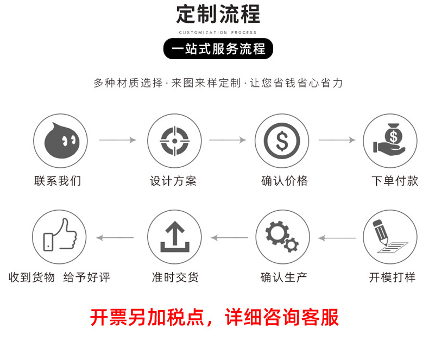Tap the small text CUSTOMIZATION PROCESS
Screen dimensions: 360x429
[x=218, y=33]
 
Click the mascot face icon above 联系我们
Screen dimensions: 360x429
[x=60, y=141]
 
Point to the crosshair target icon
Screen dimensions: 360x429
[x=174, y=141]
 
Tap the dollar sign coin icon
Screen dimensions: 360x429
[x=282, y=141]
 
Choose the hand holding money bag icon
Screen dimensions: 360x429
[x=389, y=141]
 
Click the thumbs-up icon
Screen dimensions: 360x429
[x=59, y=237]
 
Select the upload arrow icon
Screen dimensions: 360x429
[x=174, y=237]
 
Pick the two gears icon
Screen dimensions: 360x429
[x=282, y=237]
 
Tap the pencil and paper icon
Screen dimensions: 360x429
[x=389, y=237]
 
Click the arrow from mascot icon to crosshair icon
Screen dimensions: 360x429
[x=117, y=140]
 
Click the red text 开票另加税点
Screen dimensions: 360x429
[x=146, y=317]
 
